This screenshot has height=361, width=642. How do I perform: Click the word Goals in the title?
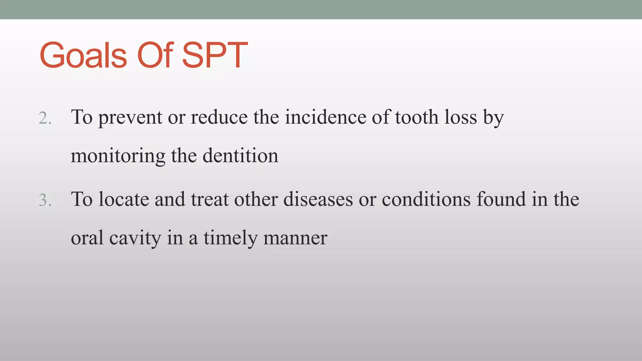pyautogui.click(x=83, y=55)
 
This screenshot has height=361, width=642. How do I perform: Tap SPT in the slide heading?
pyautogui.click(x=215, y=55)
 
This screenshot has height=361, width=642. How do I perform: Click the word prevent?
pyautogui.click(x=130, y=118)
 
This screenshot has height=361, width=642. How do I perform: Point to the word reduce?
pyautogui.click(x=219, y=118)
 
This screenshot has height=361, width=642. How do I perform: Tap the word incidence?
pyautogui.click(x=325, y=118)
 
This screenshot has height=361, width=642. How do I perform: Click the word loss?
pyautogui.click(x=460, y=118)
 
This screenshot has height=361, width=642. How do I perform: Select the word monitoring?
pyautogui.click(x=118, y=156)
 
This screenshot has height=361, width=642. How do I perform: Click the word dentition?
pyautogui.click(x=240, y=156)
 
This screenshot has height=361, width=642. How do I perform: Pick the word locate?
pyautogui.click(x=124, y=200)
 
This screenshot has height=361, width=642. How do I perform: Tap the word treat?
pyautogui.click(x=210, y=200)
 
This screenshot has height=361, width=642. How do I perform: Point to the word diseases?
pyautogui.click(x=318, y=200)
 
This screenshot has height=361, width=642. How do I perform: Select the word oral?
pyautogui.click(x=87, y=238)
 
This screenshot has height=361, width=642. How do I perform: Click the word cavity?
pyautogui.click(x=135, y=238)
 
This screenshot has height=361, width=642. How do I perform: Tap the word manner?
pyautogui.click(x=295, y=238)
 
